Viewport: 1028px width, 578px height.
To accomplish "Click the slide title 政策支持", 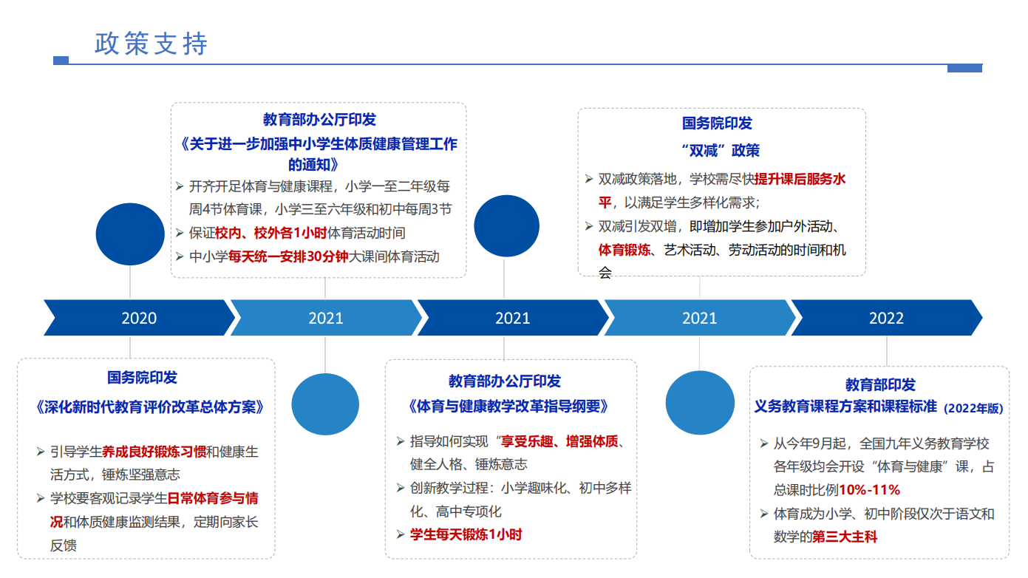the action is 151,44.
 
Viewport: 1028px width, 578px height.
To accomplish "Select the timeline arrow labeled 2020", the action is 139,318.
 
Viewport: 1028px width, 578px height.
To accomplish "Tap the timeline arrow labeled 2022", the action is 887,318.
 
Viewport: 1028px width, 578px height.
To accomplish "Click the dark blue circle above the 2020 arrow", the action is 130,234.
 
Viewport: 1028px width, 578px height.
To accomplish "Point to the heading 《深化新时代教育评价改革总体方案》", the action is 149,407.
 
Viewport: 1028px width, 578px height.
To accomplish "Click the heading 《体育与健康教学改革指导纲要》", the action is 508,406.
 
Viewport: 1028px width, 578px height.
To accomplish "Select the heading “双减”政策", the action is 721,150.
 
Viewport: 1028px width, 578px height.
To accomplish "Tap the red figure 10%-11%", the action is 870,490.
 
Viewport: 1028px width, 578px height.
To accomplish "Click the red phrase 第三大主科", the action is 845,536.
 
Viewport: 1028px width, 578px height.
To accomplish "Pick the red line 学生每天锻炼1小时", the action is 466,534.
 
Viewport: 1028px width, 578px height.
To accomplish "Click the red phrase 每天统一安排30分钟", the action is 288,256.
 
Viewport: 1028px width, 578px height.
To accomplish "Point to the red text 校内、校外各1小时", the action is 270,233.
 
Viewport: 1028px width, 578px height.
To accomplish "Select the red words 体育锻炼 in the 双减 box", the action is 624,250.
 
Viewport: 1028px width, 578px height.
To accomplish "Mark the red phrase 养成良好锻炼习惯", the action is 154,452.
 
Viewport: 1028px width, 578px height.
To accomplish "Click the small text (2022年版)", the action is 973,408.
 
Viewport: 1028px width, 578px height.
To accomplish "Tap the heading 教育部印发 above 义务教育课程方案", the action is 880,385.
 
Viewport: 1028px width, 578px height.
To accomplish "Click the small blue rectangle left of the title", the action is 61,60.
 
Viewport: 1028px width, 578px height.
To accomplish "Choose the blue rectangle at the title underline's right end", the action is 964,68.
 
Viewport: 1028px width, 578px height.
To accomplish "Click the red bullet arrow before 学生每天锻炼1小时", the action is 401,534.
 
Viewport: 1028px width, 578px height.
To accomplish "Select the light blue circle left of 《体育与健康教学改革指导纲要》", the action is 325,404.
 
